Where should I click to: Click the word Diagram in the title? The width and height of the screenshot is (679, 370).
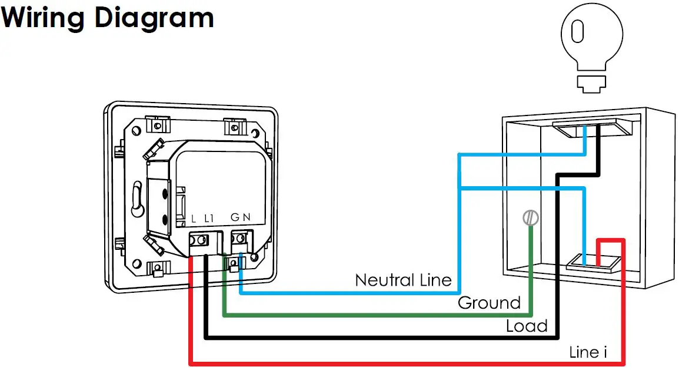coord(154,18)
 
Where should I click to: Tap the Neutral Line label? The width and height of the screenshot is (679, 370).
coord(403,280)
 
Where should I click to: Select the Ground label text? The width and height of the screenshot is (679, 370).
coord(489,303)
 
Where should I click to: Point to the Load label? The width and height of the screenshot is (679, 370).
coord(527,326)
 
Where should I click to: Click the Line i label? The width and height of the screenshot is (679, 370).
coord(588,352)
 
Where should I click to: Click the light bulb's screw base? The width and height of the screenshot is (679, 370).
coord(590,83)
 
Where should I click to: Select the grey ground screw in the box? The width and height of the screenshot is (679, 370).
coord(531,218)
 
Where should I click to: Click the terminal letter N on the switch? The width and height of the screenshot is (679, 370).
coord(247,217)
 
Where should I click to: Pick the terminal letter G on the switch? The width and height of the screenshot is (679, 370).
coord(235,217)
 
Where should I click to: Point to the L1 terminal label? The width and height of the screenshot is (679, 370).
coord(209,218)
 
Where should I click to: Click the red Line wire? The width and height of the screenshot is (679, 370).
coord(353,362)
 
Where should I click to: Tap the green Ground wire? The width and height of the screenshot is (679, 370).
coord(353,315)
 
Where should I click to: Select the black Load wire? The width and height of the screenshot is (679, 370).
coord(353,338)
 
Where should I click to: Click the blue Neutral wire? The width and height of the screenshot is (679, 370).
coord(353,292)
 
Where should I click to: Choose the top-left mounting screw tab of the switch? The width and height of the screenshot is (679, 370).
coord(157,125)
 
